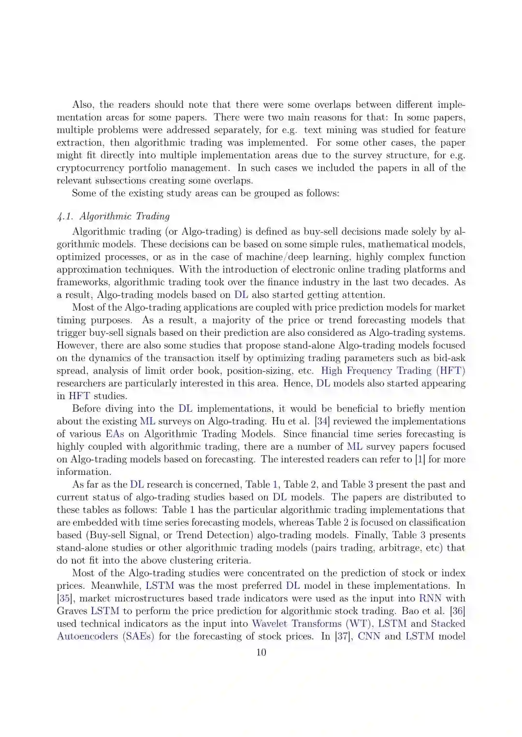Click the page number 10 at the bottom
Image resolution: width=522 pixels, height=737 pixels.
(x=261, y=653)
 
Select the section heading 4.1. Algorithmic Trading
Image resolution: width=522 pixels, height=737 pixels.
(x=113, y=216)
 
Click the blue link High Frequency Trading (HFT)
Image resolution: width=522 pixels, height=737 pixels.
(x=393, y=371)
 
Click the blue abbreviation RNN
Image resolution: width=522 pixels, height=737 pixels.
(x=430, y=598)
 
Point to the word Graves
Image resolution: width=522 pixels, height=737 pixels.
(x=72, y=611)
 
